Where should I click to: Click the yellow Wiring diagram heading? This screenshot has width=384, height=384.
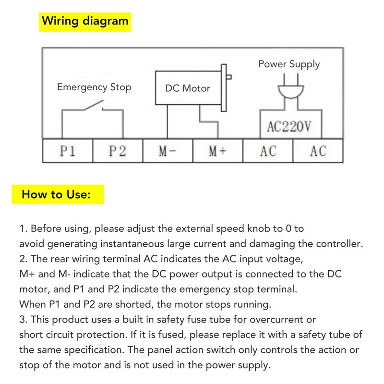pos(84,22)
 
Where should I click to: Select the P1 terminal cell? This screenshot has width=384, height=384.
pos(68,151)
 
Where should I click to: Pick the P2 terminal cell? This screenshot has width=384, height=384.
pos(118,151)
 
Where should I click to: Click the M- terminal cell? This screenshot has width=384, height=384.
pos(168,151)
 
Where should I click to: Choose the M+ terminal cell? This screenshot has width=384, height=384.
pos(217,151)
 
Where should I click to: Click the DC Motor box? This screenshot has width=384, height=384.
pos(188,88)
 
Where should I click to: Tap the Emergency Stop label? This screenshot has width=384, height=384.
pos(94,87)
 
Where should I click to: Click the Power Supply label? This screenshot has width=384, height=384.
pos(289,64)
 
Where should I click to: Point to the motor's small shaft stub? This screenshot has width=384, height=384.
pos(228,77)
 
